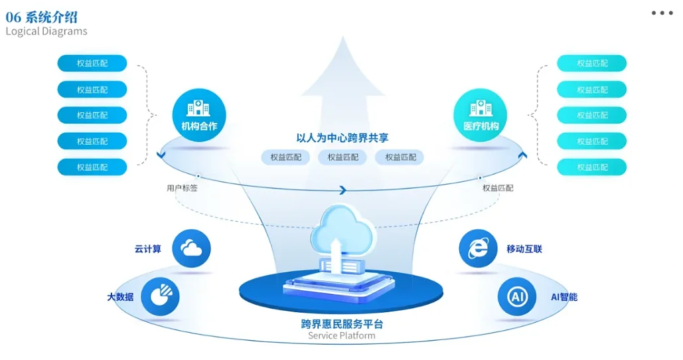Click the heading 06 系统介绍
pyautogui.click(x=42, y=17)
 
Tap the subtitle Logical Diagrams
pyautogui.click(x=46, y=31)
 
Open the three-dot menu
pyautogui.click(x=662, y=13)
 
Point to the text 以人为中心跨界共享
pyautogui.click(x=342, y=138)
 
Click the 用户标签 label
pyautogui.click(x=181, y=188)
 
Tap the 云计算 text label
pyautogui.click(x=147, y=249)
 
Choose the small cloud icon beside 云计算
pyautogui.click(x=191, y=248)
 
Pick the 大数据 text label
pyautogui.click(x=120, y=297)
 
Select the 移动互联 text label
pyautogui.click(x=524, y=249)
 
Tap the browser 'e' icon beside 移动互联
pyautogui.click(x=478, y=248)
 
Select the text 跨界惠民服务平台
pyautogui.click(x=342, y=324)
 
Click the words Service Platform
pyautogui.click(x=342, y=336)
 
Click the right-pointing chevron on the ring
pyautogui.click(x=342, y=191)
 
